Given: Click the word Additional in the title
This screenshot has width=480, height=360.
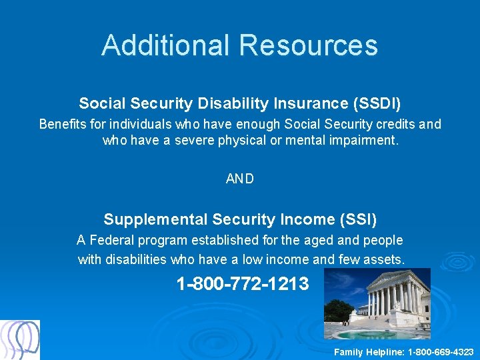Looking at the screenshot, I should (x=166, y=45).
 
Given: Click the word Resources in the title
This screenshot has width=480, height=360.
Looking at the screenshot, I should (x=308, y=45).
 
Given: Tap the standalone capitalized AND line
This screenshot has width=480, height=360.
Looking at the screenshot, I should (x=240, y=179).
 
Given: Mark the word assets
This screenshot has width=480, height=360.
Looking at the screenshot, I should (x=385, y=259).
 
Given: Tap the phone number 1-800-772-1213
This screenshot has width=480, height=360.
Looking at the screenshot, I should (x=243, y=284).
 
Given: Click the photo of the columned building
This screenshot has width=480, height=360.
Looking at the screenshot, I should (x=377, y=304).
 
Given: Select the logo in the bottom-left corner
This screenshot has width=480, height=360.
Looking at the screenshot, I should (x=20, y=340).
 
